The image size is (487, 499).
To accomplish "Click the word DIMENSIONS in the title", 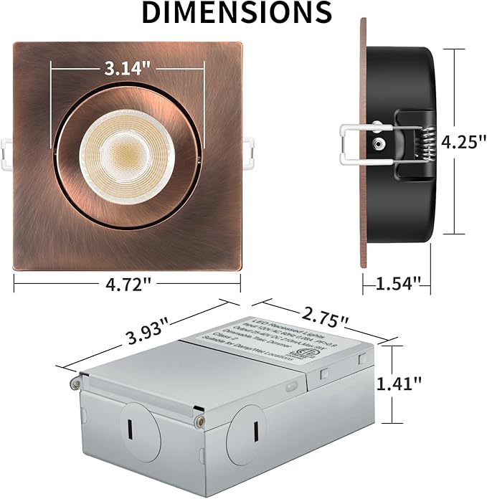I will (x=236, y=13).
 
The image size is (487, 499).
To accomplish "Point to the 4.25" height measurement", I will (x=460, y=141).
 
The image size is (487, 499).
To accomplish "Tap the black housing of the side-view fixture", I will (x=402, y=86).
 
